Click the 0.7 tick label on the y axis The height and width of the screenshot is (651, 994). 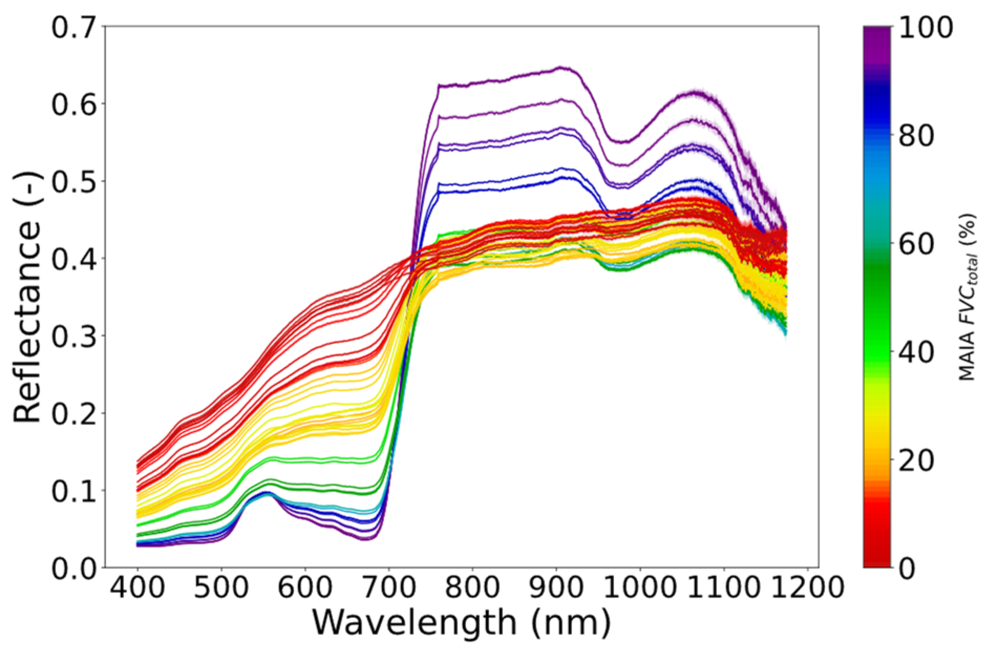coord(74,27)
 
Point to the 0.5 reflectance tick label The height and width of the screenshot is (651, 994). coord(74,182)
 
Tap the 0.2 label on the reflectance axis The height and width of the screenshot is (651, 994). coord(74,413)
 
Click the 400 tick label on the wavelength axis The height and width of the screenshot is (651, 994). coord(137,588)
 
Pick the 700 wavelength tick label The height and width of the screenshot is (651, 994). coord(389,588)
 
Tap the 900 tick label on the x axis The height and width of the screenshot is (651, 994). coord(556,588)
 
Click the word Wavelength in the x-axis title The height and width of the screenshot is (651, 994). coord(414,623)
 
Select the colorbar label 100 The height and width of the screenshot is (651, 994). coord(926,27)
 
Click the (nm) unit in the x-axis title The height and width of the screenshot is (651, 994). coord(571,623)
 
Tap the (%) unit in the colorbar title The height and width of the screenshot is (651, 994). coord(967,227)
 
